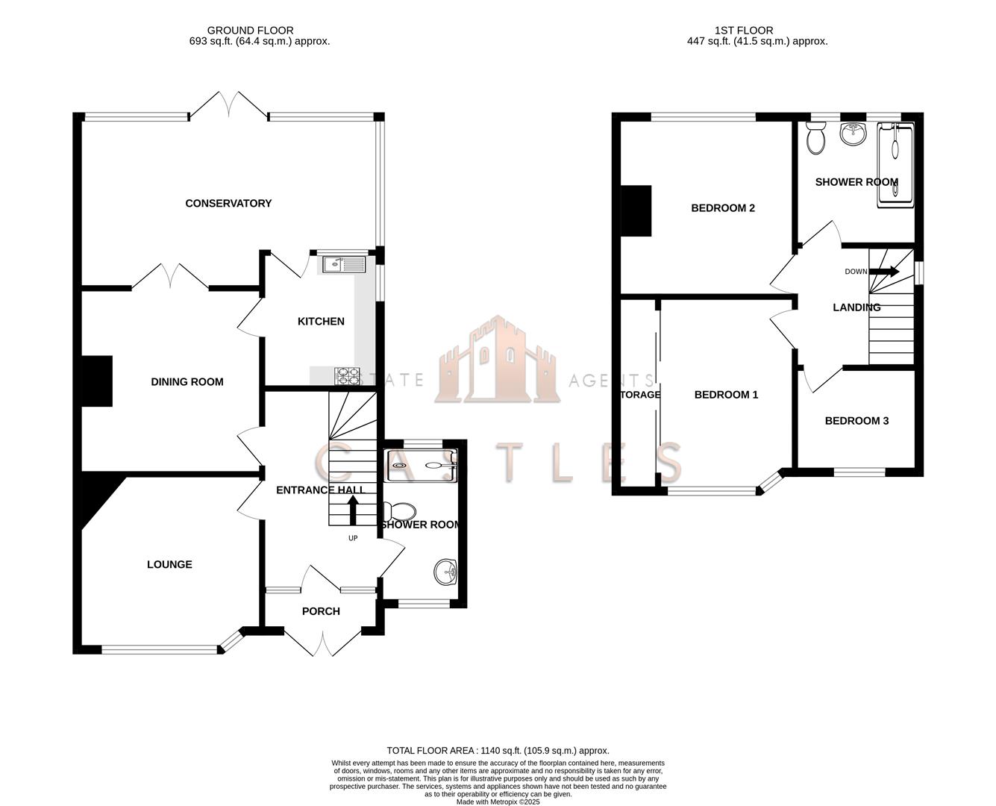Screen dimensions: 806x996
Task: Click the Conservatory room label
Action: point(228,203)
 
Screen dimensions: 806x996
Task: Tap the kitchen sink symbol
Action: point(343,263)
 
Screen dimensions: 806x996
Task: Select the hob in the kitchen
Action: point(346,376)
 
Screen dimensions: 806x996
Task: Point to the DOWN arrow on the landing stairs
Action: point(886,272)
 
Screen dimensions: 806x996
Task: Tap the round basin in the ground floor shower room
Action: point(445,572)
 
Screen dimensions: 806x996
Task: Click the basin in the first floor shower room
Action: point(852,134)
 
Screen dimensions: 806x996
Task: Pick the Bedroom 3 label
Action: point(856,421)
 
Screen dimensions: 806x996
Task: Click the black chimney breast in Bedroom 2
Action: point(636,210)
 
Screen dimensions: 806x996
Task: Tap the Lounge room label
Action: point(169,565)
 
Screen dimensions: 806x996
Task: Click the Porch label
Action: point(321,611)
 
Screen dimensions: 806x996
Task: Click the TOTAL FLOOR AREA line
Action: point(498,750)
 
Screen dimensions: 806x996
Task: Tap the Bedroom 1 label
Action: point(726,395)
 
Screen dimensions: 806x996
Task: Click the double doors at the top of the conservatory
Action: point(228,104)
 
